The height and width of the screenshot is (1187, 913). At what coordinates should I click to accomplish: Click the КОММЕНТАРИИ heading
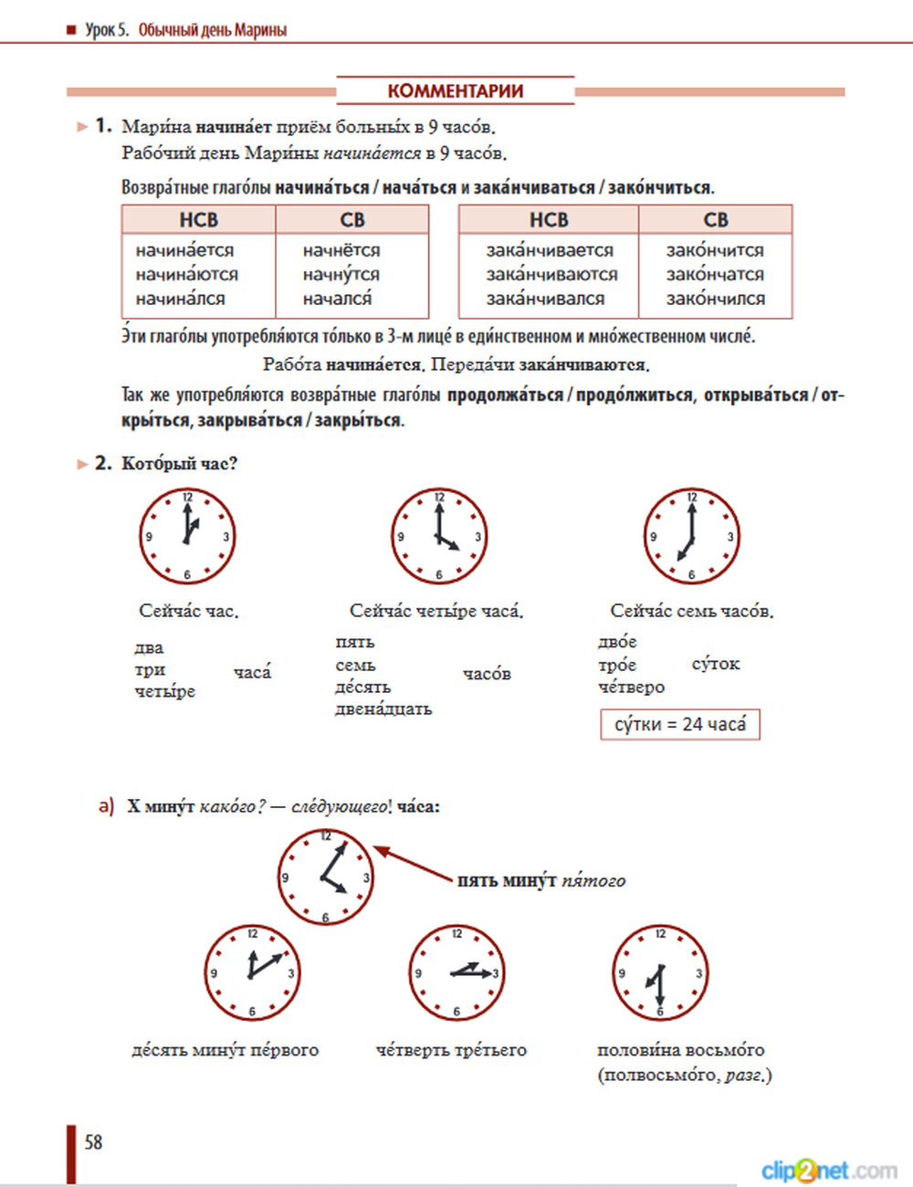(x=455, y=91)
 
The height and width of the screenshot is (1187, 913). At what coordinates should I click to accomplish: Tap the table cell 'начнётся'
(x=341, y=250)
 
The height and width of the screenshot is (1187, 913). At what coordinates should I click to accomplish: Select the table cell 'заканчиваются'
(x=551, y=274)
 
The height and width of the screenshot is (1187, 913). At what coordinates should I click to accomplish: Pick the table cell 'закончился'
(x=715, y=299)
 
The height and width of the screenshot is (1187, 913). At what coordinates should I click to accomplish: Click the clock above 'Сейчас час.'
(x=187, y=536)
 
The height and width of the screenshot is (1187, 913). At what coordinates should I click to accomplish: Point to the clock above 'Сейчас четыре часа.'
(x=439, y=536)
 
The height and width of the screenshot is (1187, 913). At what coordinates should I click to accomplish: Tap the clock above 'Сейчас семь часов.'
(x=691, y=536)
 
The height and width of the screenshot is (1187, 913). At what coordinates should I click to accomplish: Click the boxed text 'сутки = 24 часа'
(x=679, y=724)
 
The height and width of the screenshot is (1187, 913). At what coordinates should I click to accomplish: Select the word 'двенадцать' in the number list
(x=383, y=709)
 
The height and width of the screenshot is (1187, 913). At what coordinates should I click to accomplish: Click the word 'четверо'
(x=631, y=687)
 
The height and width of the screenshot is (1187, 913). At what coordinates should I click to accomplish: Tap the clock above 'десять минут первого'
(x=252, y=972)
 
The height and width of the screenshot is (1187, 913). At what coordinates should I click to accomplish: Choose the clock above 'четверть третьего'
(x=456, y=972)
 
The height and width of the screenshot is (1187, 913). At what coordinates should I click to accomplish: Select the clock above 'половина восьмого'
(x=660, y=972)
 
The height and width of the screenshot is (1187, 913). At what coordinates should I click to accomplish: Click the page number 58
(x=93, y=1142)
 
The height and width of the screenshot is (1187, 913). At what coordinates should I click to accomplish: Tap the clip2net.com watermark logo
(x=828, y=1170)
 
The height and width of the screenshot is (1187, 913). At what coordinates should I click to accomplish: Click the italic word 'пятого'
(x=593, y=881)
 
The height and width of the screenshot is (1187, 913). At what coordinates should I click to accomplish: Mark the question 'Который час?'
(x=179, y=464)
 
